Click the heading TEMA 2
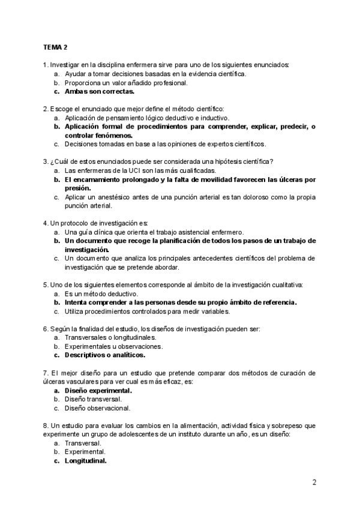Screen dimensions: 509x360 click(55, 46)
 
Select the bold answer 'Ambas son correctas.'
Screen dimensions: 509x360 click(100, 92)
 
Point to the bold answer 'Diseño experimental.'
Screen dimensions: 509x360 click(98, 390)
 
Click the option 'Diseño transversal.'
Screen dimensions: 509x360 click(93, 399)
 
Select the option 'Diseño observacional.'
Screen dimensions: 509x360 click(97, 408)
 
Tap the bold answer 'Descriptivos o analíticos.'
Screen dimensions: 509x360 click(105, 355)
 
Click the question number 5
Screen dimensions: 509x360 click(45, 284)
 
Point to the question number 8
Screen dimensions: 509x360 click(45, 425)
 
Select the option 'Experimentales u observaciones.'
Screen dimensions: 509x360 click(113, 346)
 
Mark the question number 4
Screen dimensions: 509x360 click(45, 223)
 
